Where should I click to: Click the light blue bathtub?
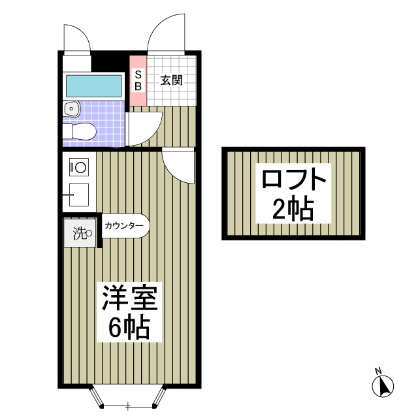point(94,86)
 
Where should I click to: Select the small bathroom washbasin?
point(71,108)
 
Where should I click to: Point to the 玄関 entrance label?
point(171,80)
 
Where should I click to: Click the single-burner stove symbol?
point(78,167)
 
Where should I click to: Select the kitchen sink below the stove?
point(78,193)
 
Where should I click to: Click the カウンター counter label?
point(123,226)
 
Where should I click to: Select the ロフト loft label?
point(293,179)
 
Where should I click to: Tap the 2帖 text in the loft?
point(293,208)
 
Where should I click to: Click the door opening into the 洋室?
point(178,166)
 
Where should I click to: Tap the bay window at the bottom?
point(128,398)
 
